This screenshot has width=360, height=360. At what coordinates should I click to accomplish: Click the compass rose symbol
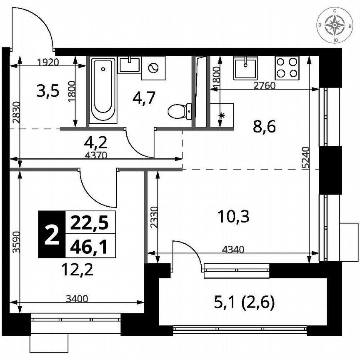tap(334, 25)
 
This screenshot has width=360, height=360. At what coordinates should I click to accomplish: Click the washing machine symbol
tap(153, 68)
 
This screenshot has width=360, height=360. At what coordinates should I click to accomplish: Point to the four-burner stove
tap(287, 67)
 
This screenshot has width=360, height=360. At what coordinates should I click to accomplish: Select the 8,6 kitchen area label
tap(265, 127)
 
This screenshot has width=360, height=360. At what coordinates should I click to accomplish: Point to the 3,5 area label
tap(48, 90)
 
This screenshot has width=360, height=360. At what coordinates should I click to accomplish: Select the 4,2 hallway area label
tap(96, 143)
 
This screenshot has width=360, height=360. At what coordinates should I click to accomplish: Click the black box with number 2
tap(52, 234)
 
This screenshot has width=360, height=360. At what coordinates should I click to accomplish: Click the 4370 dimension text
tap(96, 156)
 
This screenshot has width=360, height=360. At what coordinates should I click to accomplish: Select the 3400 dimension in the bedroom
tap(77, 298)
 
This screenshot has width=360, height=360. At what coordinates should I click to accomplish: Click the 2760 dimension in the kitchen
tap(265, 86)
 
